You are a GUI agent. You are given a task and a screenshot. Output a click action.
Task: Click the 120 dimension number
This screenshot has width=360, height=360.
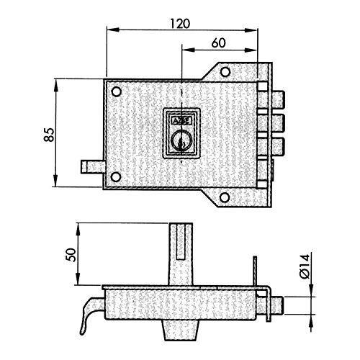tap(180, 24)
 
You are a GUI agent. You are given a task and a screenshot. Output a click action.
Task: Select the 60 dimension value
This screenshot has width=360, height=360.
tap(219, 43)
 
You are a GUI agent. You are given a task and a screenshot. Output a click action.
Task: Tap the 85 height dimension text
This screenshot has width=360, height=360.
tap(50, 135)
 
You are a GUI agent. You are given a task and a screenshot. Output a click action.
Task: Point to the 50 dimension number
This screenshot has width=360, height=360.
tap(71, 255)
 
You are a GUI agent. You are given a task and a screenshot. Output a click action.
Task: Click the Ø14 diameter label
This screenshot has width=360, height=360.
tap(305, 266)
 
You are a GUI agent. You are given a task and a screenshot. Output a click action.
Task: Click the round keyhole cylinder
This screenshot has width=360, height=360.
tap(181, 141)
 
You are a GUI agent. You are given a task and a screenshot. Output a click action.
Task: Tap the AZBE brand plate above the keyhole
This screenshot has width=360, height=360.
tap(181, 121)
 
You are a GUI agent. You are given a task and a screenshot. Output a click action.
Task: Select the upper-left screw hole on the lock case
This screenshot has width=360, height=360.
tap(117, 91)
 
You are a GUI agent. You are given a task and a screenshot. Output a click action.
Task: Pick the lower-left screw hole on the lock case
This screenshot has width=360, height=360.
tap(116, 177)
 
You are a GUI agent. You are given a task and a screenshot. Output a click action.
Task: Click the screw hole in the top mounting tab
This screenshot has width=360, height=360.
tap(225, 72)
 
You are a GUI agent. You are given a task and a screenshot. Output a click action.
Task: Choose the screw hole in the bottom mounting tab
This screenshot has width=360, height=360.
tap(225, 197)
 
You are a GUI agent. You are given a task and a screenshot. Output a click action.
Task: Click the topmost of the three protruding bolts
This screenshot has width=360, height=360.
tap(279, 99)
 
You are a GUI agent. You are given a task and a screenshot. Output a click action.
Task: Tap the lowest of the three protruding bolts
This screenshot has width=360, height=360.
tap(279, 147)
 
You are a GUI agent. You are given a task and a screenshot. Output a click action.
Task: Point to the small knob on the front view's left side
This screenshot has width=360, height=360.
tap(92, 167)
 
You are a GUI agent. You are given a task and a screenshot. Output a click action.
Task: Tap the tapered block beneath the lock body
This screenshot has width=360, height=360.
tap(181, 330)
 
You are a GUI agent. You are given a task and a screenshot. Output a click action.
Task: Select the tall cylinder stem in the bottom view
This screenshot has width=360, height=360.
tap(181, 254)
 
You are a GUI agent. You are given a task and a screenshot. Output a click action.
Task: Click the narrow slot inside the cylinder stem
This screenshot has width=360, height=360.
tap(181, 241)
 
